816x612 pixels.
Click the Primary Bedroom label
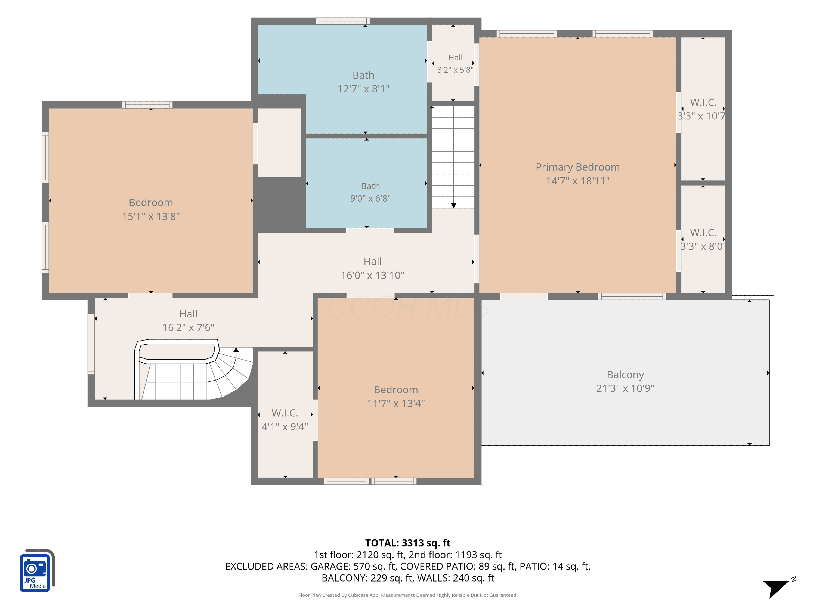click(x=578, y=174)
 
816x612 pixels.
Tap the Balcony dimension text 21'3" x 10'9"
click(x=625, y=388)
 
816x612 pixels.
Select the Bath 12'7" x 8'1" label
click(x=363, y=82)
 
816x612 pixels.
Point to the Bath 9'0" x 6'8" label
click(x=370, y=192)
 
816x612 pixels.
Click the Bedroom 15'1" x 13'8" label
click(x=151, y=209)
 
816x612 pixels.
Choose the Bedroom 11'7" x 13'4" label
click(x=396, y=396)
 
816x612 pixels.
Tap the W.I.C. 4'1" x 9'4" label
click(x=285, y=419)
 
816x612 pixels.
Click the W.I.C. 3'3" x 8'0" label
click(x=703, y=239)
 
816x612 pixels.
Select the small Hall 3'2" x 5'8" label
click(x=455, y=63)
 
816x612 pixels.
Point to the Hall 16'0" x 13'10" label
click(x=373, y=268)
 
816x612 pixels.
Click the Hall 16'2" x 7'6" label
click(x=188, y=321)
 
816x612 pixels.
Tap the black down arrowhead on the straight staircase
click(x=454, y=205)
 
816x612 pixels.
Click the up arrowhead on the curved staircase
click(x=236, y=349)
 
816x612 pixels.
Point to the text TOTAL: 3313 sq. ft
click(x=408, y=543)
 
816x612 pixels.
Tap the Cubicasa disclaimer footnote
click(x=408, y=595)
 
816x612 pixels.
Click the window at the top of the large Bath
click(x=343, y=21)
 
